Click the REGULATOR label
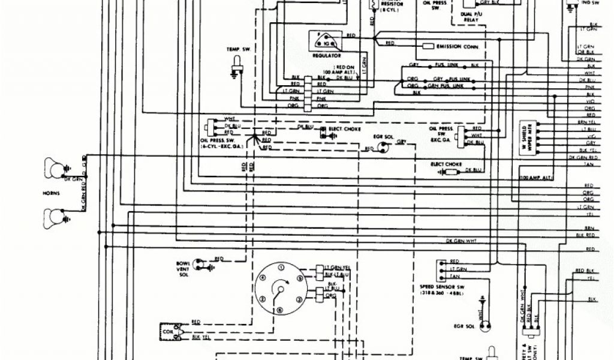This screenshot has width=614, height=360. (326, 54)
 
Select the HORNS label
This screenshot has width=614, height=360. (53, 193)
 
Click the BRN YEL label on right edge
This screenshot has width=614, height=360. (591, 122)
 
